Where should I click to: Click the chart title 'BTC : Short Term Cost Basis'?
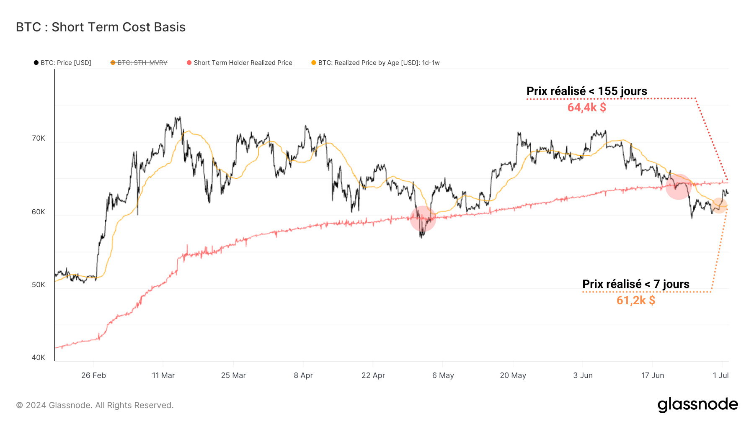101,27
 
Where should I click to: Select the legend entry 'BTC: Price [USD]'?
65,63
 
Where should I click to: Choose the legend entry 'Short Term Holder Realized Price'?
243,63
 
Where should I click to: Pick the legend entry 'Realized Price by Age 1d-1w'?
378,63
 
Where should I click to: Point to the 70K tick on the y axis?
39,139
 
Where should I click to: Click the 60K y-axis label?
39,212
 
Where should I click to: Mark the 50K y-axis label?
39,285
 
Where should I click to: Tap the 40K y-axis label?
39,357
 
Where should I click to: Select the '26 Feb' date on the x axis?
93,375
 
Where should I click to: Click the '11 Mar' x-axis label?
163,375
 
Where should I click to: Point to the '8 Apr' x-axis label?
303,375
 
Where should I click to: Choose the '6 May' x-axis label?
443,375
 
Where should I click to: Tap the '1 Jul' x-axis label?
720,375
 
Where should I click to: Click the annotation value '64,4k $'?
586,108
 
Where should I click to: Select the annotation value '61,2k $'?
635,301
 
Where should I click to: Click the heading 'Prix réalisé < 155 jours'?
586,91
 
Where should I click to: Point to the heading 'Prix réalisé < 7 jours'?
635,284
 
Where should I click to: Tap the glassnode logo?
697,405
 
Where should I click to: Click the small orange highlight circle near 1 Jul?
719,205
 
